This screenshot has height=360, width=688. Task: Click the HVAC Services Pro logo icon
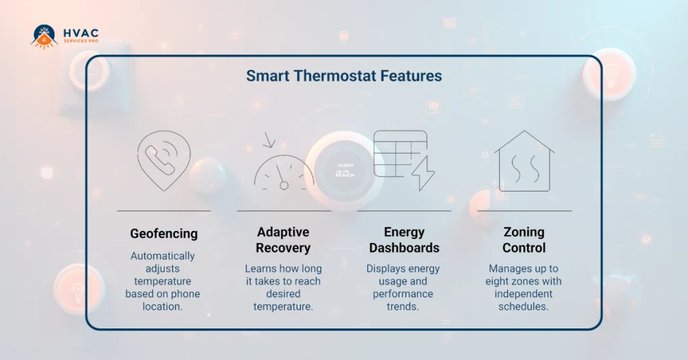pos(44,36)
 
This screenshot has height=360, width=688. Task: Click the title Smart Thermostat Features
pos(343,75)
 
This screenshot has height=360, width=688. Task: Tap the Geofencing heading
pos(164,234)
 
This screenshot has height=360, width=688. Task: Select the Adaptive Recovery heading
pos(283,240)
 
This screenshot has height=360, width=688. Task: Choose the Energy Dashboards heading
pos(404,240)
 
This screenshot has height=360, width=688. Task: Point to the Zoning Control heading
pos(524,240)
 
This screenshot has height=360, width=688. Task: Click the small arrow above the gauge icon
pos(269,140)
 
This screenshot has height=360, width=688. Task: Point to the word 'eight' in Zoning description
pos(499,281)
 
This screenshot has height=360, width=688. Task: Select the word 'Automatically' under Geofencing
pos(163,256)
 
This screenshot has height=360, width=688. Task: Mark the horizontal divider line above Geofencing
pos(163,211)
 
